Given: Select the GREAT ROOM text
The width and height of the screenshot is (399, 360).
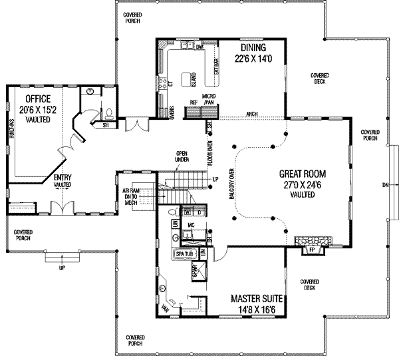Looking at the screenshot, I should click(x=307, y=173).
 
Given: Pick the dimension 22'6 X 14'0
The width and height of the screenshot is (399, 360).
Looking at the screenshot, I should click(x=250, y=59).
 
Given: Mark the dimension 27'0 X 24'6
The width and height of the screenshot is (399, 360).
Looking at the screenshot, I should click(x=307, y=184).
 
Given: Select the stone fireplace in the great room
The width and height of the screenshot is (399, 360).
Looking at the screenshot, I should click(x=310, y=240).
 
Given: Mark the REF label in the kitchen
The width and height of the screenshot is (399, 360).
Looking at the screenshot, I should click(x=194, y=102).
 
